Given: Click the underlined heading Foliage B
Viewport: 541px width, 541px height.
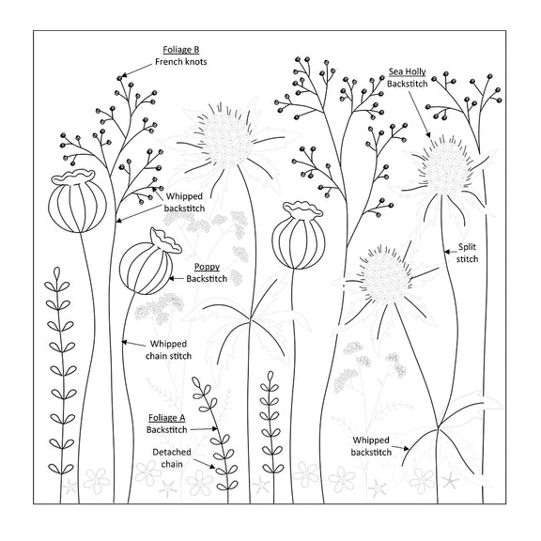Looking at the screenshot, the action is (180, 50).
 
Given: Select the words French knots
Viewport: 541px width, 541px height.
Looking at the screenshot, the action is (180, 62).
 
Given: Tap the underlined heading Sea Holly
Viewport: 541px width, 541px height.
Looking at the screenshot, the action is (407, 71).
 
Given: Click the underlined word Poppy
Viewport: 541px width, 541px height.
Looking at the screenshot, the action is (207, 267).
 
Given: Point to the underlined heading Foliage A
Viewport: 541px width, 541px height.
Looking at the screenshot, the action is (167, 418).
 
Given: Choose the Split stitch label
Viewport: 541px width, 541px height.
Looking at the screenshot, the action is (467, 253).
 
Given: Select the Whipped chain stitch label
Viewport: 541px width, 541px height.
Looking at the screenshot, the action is (168, 349).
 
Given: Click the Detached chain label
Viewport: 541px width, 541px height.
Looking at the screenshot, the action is (172, 457).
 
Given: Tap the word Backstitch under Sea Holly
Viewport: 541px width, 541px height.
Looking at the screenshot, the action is (407, 84).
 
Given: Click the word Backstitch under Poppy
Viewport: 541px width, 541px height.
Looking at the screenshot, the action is (207, 278).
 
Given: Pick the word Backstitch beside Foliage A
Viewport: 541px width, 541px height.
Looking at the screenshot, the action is (167, 430).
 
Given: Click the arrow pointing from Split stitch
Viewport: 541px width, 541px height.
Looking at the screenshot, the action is (450, 252).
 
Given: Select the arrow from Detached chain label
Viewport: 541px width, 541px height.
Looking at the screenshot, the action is (204, 464).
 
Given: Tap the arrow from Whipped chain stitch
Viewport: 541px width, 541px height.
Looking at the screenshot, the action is (133, 344).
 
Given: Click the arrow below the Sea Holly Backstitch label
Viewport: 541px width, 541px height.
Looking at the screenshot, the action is (418, 114).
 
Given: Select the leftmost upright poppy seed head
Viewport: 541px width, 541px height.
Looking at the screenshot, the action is (78, 202).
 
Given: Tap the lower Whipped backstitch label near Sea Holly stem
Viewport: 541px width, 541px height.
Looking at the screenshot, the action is (371, 446).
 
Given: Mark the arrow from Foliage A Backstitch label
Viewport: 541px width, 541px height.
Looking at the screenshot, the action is (204, 429).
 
